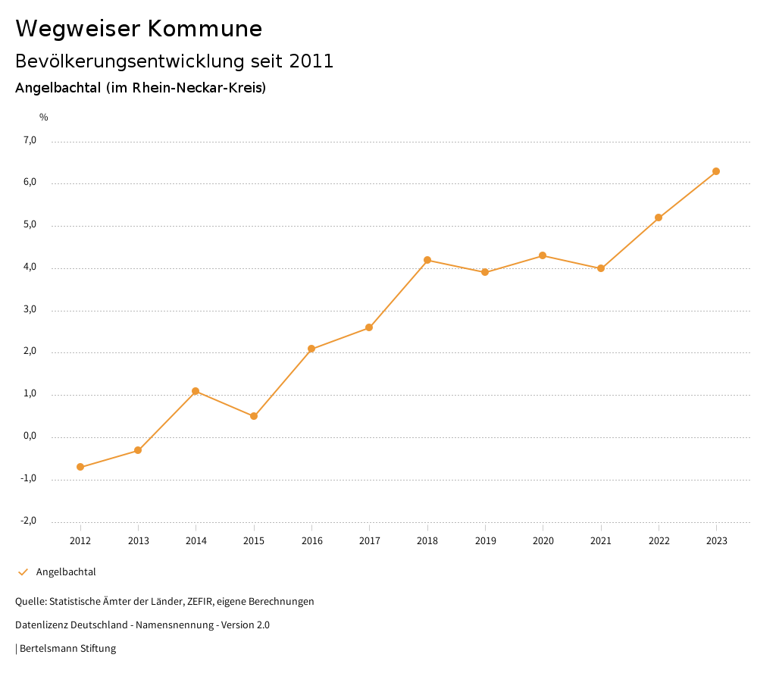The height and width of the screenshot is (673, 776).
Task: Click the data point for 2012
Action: coord(80,467)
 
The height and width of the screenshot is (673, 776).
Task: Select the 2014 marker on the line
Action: coord(196,391)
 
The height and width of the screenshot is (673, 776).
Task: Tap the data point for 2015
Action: coord(254,416)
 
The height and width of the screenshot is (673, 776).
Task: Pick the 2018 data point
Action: coord(427,260)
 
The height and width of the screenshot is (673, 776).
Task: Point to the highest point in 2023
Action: coord(716,171)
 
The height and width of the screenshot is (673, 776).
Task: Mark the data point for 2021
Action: coord(601,268)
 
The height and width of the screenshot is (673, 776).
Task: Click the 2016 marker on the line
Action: coord(311,349)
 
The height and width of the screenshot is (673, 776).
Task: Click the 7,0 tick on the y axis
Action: coord(30,140)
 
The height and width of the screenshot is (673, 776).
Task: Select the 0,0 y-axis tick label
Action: coord(30,437)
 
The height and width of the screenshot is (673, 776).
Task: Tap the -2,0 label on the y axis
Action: coord(29,521)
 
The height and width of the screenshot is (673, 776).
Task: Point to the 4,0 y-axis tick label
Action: coord(30,268)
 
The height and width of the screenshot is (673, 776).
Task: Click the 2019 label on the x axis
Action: coord(485,541)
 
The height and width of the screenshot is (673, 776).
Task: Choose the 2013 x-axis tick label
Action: coord(138,541)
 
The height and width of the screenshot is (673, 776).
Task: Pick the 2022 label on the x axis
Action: coord(659,541)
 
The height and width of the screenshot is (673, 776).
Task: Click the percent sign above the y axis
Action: coord(44,117)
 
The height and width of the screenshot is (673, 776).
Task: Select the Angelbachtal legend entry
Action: coord(66,572)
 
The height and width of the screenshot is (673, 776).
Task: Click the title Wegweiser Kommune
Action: coord(139,29)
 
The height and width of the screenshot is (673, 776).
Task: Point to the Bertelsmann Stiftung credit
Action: coord(67,649)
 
